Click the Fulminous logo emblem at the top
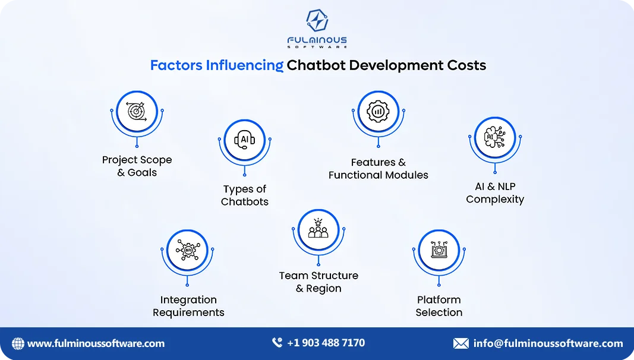317,20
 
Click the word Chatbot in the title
316,65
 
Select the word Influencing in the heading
244,65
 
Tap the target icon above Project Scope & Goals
137,111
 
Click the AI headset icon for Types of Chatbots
245,140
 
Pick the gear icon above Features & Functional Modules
378,111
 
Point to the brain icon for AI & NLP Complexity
495,137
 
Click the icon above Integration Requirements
188,251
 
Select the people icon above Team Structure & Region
318,229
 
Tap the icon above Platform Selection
439,250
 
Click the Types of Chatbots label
245,195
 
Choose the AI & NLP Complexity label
495,192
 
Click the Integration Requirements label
188,306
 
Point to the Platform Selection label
439,306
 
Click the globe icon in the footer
18,343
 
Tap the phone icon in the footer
277,343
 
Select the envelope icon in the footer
461,343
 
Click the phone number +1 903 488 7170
326,343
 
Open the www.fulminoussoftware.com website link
96,343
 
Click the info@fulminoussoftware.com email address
548,343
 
